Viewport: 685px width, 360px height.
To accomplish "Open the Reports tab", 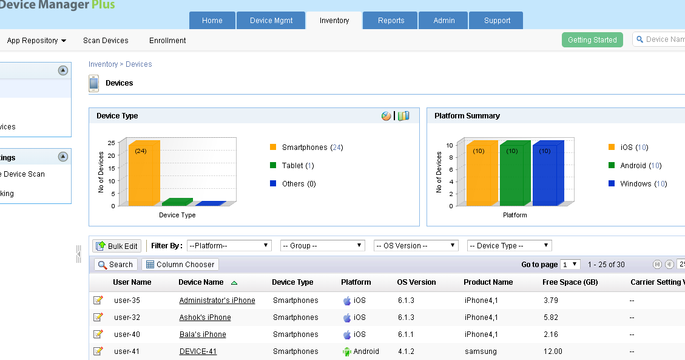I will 391,21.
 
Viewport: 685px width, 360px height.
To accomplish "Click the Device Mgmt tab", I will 271,21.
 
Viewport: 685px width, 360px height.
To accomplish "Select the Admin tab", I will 444,21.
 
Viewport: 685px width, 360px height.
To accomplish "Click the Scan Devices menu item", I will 106,41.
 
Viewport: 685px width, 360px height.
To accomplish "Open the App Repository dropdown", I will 36,41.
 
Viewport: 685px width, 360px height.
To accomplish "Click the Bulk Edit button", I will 117,246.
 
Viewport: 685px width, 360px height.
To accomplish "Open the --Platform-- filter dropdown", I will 229,246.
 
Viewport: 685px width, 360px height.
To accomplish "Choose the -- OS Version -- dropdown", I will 416,246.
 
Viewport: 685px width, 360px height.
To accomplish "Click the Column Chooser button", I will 180,265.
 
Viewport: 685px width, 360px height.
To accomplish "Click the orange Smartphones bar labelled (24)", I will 144,173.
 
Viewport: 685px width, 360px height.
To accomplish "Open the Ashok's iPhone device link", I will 205,318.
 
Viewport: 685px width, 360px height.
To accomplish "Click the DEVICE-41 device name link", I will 198,352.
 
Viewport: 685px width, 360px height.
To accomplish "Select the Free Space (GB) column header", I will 570,282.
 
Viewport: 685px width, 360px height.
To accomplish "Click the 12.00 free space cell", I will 553,352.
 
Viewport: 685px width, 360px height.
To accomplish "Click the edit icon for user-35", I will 98,301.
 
